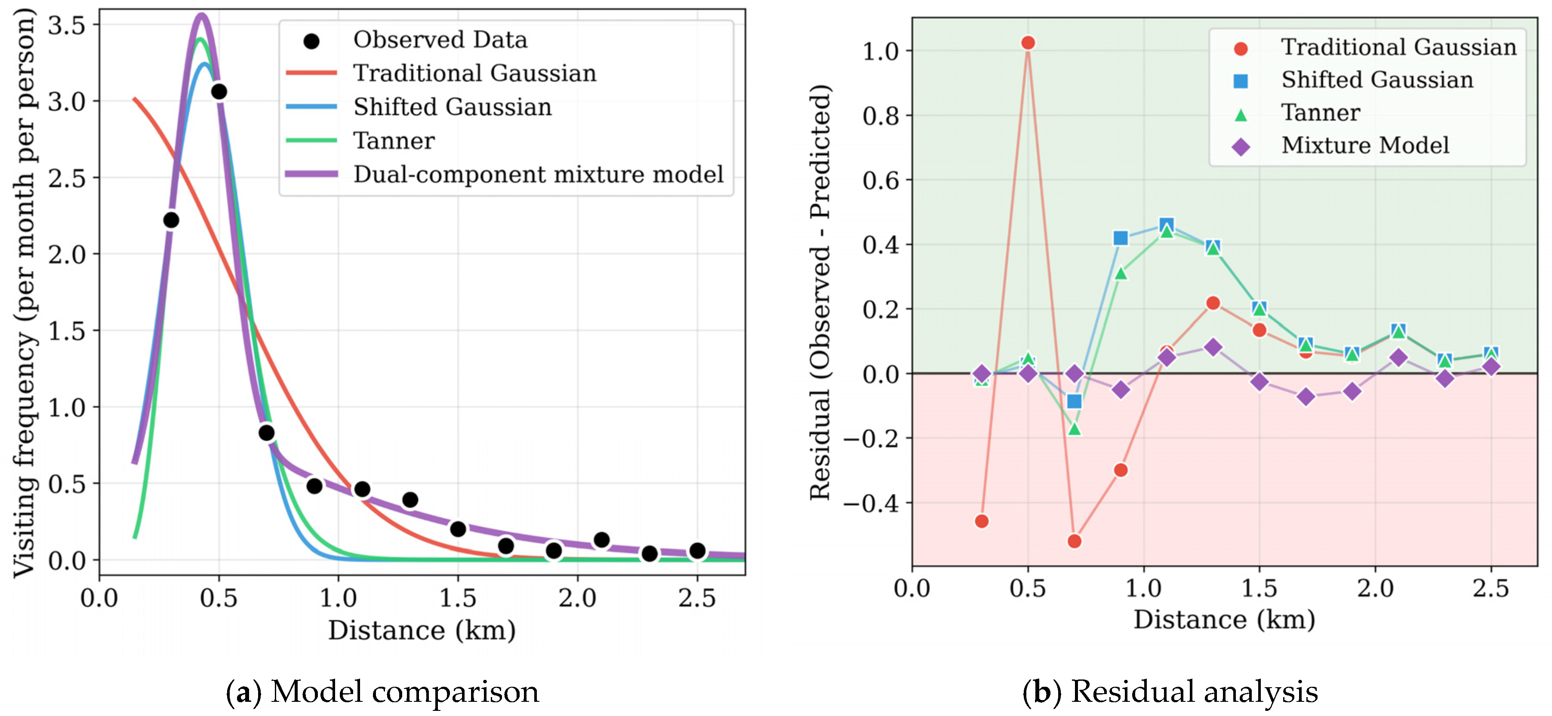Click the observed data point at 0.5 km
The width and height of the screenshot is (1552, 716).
click(x=219, y=92)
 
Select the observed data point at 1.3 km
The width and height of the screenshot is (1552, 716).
click(x=410, y=499)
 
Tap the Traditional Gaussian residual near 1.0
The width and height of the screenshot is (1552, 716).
click(x=1028, y=43)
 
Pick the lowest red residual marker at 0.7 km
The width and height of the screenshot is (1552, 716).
click(x=1074, y=541)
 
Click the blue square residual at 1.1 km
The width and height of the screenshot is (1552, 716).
click(x=1167, y=225)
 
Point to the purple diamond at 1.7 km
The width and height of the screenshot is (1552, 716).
click(x=1306, y=397)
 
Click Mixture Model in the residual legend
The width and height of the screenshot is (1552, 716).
click(x=1364, y=145)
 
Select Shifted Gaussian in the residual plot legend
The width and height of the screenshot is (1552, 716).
click(x=1376, y=80)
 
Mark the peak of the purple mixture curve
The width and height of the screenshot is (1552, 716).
click(x=202, y=15)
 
